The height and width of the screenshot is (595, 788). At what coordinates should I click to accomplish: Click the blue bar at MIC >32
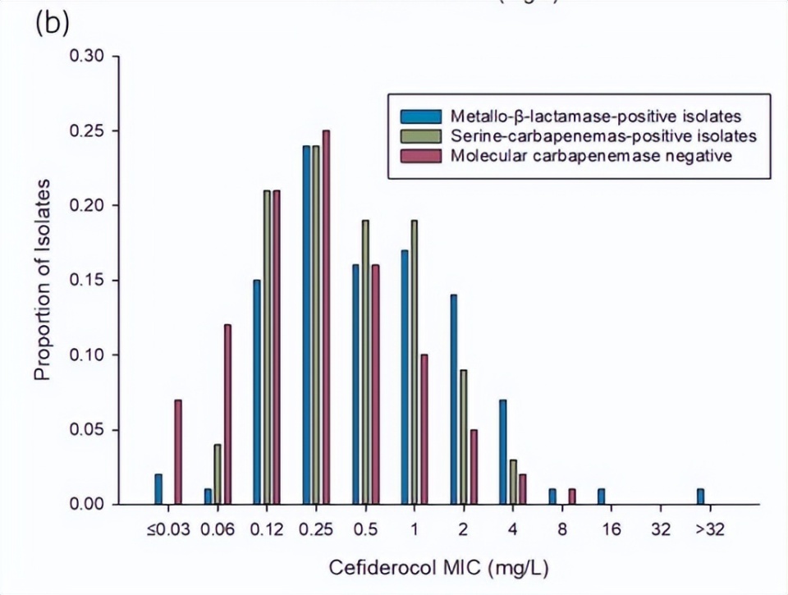(700, 497)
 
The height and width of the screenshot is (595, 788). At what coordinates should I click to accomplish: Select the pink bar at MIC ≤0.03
(178, 452)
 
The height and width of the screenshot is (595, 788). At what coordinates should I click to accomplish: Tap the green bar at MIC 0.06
(218, 474)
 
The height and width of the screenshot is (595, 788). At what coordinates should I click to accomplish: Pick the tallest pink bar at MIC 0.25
(326, 317)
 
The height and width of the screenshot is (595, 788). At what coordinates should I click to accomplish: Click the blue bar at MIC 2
(454, 399)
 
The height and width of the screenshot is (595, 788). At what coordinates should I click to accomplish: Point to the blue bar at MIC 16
(602, 497)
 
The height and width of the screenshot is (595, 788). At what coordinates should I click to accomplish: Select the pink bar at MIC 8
(572, 497)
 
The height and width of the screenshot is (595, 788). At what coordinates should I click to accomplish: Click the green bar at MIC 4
(513, 482)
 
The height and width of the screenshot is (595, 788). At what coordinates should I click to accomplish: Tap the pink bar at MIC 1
(424, 429)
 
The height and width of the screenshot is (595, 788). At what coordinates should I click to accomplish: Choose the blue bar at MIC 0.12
(257, 392)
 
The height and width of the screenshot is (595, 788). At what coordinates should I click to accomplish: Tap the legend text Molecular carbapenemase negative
(591, 154)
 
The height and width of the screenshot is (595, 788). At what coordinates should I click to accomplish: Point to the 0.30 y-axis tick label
(86, 57)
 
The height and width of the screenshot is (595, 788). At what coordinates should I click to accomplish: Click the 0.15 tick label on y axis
(86, 281)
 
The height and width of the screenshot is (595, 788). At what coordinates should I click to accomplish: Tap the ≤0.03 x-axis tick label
(168, 528)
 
